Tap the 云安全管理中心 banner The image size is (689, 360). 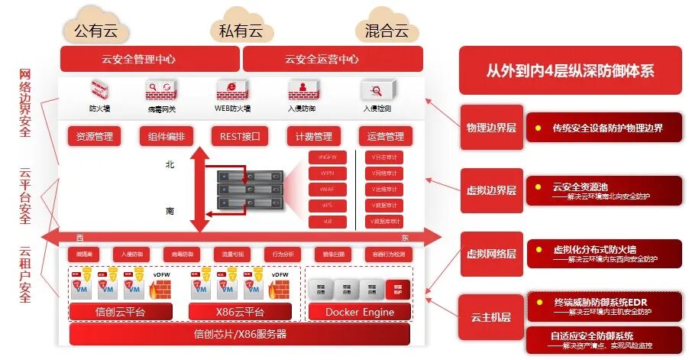[x=150, y=59]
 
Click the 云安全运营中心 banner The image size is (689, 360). [x=332, y=59]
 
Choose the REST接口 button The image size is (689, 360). [x=241, y=137]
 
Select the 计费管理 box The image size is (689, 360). [x=313, y=137]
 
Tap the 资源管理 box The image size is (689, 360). [x=95, y=137]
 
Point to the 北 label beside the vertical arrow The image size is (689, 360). [x=170, y=164]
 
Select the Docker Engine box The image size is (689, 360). [x=360, y=312]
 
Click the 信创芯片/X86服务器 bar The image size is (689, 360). [x=239, y=334]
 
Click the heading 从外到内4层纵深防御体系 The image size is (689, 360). [x=570, y=70]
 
